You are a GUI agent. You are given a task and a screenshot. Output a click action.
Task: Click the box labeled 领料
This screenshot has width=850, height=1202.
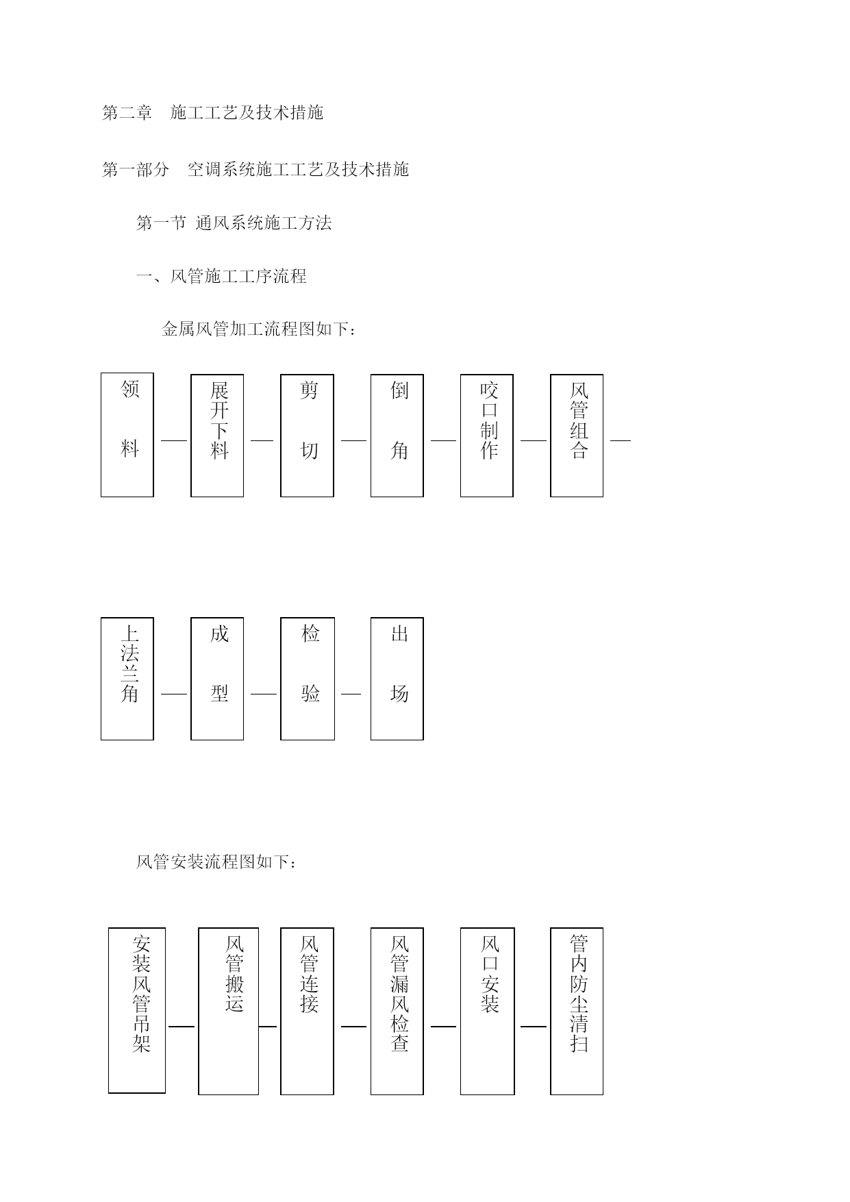127,435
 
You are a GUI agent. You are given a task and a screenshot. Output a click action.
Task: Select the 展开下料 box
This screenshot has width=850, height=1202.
217,436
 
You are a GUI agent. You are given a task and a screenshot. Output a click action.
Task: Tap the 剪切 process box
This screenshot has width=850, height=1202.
307,436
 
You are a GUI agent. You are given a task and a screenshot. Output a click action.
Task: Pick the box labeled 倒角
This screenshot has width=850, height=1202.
397,436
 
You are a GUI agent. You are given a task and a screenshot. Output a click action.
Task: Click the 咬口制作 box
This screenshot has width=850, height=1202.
487,436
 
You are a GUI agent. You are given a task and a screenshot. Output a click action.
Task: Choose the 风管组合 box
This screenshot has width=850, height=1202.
577,436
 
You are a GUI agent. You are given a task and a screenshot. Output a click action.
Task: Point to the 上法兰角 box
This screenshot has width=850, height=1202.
127,679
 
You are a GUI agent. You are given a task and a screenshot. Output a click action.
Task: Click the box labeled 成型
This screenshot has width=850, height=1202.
217,679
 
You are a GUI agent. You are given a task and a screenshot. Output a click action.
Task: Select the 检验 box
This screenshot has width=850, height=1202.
308,679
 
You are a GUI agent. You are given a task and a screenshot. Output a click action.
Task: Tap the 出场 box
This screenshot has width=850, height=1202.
397,679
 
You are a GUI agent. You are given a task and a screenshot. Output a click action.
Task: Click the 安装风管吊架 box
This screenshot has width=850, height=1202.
137,1011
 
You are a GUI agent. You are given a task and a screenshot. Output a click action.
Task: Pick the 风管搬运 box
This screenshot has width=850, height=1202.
229,1012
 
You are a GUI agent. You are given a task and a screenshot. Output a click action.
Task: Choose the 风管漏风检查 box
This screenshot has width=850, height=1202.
397,1012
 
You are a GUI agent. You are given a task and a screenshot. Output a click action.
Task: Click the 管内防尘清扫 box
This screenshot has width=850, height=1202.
577,1012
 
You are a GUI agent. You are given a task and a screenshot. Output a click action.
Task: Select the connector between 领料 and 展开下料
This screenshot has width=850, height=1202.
174,440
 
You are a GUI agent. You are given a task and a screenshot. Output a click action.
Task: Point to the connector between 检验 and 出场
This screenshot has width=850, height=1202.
351,694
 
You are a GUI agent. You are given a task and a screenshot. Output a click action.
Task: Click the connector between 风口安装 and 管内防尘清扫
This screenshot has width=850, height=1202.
534,1027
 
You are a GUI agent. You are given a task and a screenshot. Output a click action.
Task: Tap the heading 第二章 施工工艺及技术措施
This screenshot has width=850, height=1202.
212,113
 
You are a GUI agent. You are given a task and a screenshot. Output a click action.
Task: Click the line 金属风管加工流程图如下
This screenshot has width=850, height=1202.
259,329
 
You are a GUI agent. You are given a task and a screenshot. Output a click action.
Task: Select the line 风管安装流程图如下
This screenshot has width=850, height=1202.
216,862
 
